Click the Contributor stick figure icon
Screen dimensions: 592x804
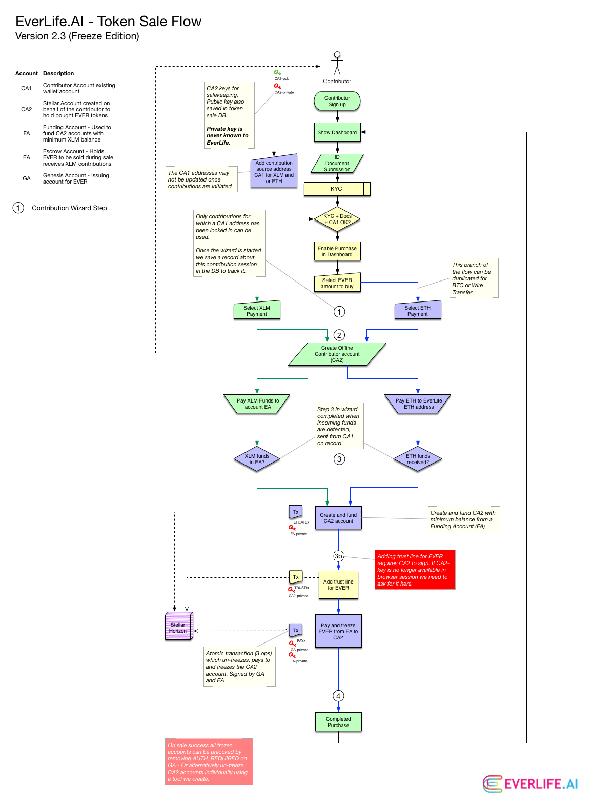click(x=337, y=63)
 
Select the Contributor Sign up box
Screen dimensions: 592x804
click(x=337, y=101)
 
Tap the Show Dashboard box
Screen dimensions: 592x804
click(x=337, y=132)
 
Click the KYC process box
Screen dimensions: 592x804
click(x=337, y=189)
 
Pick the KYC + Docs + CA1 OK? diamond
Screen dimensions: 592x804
click(x=337, y=219)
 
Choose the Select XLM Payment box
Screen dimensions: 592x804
click(x=257, y=311)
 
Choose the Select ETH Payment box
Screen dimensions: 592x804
click(x=418, y=311)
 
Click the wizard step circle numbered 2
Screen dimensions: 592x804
click(x=339, y=335)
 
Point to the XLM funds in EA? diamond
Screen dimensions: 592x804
click(x=257, y=459)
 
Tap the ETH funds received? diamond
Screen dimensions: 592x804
click(x=418, y=459)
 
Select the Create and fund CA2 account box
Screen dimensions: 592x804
click(x=339, y=518)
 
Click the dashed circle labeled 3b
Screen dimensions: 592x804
click(x=338, y=556)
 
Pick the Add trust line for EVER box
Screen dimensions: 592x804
click(x=339, y=585)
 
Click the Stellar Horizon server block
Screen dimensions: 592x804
click(x=179, y=627)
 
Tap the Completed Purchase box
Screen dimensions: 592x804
click(x=339, y=722)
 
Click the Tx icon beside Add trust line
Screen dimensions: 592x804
click(x=296, y=577)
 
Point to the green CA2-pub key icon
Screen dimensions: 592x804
click(x=277, y=72)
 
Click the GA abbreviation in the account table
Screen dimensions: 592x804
click(x=27, y=179)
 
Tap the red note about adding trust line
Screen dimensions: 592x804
click(x=415, y=570)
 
